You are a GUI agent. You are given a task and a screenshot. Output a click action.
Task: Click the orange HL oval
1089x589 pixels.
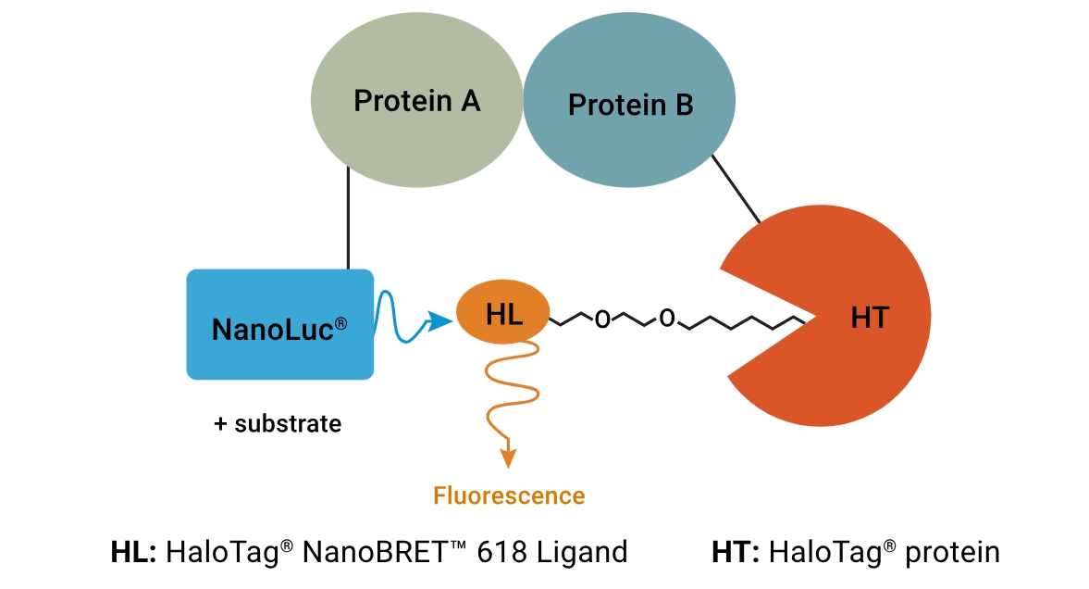pyautogui.click(x=503, y=315)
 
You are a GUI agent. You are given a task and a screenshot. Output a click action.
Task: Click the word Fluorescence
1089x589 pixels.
pyautogui.click(x=509, y=495)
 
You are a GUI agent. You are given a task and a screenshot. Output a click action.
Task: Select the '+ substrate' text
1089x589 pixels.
pyautogui.click(x=278, y=424)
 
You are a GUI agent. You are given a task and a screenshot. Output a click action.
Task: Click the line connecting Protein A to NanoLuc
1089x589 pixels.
pyautogui.click(x=348, y=219)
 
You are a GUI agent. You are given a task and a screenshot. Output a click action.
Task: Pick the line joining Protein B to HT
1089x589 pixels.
pyautogui.click(x=736, y=190)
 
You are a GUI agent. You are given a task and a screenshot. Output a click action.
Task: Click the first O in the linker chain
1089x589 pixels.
pyautogui.click(x=603, y=320)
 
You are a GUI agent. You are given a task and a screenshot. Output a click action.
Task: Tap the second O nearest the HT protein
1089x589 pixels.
pyautogui.click(x=667, y=320)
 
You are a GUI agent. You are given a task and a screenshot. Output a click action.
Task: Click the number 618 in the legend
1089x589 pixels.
pyautogui.click(x=504, y=553)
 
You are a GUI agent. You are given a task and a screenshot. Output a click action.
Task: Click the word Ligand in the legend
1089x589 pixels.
pyautogui.click(x=583, y=553)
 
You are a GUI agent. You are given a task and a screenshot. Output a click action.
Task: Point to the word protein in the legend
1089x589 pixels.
pyautogui.click(x=952, y=553)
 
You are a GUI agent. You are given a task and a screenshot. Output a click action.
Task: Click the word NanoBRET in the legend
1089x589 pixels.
pyautogui.click(x=375, y=553)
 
